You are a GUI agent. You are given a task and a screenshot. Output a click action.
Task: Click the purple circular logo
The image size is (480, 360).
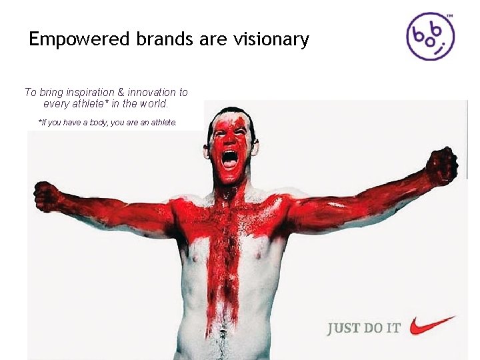click(x=431, y=36)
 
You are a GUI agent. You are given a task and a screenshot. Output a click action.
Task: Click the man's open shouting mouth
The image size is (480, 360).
click(x=229, y=159)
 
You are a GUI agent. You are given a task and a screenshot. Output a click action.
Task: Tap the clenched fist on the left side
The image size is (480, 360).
click(x=47, y=196)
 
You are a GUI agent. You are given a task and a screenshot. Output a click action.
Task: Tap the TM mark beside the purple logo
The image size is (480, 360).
click(x=449, y=15)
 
